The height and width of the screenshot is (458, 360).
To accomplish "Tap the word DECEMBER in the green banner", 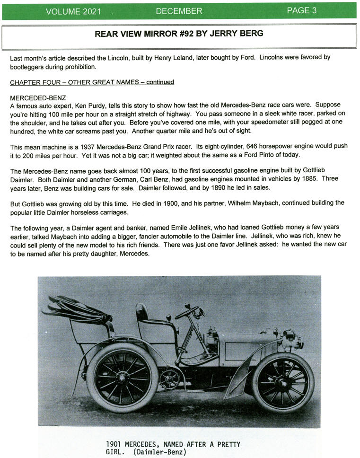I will (179, 11).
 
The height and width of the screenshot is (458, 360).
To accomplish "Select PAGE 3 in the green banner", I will (301, 10).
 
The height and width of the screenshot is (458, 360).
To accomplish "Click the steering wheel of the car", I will (188, 312).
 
